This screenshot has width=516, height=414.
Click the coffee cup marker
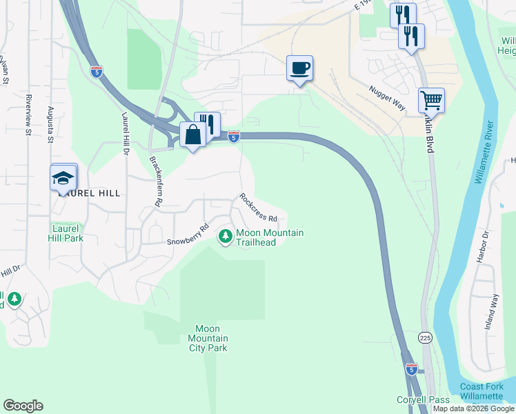(x=299, y=68)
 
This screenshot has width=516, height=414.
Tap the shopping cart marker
(x=431, y=101)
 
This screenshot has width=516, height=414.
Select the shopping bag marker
(x=192, y=135)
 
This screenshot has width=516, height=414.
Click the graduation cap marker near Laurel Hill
(x=63, y=178)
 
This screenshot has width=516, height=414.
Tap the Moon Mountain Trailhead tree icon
(x=225, y=237)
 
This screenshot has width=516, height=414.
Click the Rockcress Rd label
(x=258, y=207)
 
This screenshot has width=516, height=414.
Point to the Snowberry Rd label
(x=188, y=235)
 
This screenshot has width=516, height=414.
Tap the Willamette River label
(x=485, y=159)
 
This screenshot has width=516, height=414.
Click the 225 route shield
(x=425, y=337)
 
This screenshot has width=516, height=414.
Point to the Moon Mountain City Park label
(x=208, y=338)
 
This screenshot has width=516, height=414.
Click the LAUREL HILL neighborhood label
(x=90, y=194)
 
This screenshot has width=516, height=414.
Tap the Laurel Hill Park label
(x=67, y=233)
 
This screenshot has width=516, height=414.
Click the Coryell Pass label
(x=423, y=400)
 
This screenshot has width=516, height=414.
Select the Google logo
(x=23, y=406)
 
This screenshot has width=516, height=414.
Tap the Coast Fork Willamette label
(x=483, y=391)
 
